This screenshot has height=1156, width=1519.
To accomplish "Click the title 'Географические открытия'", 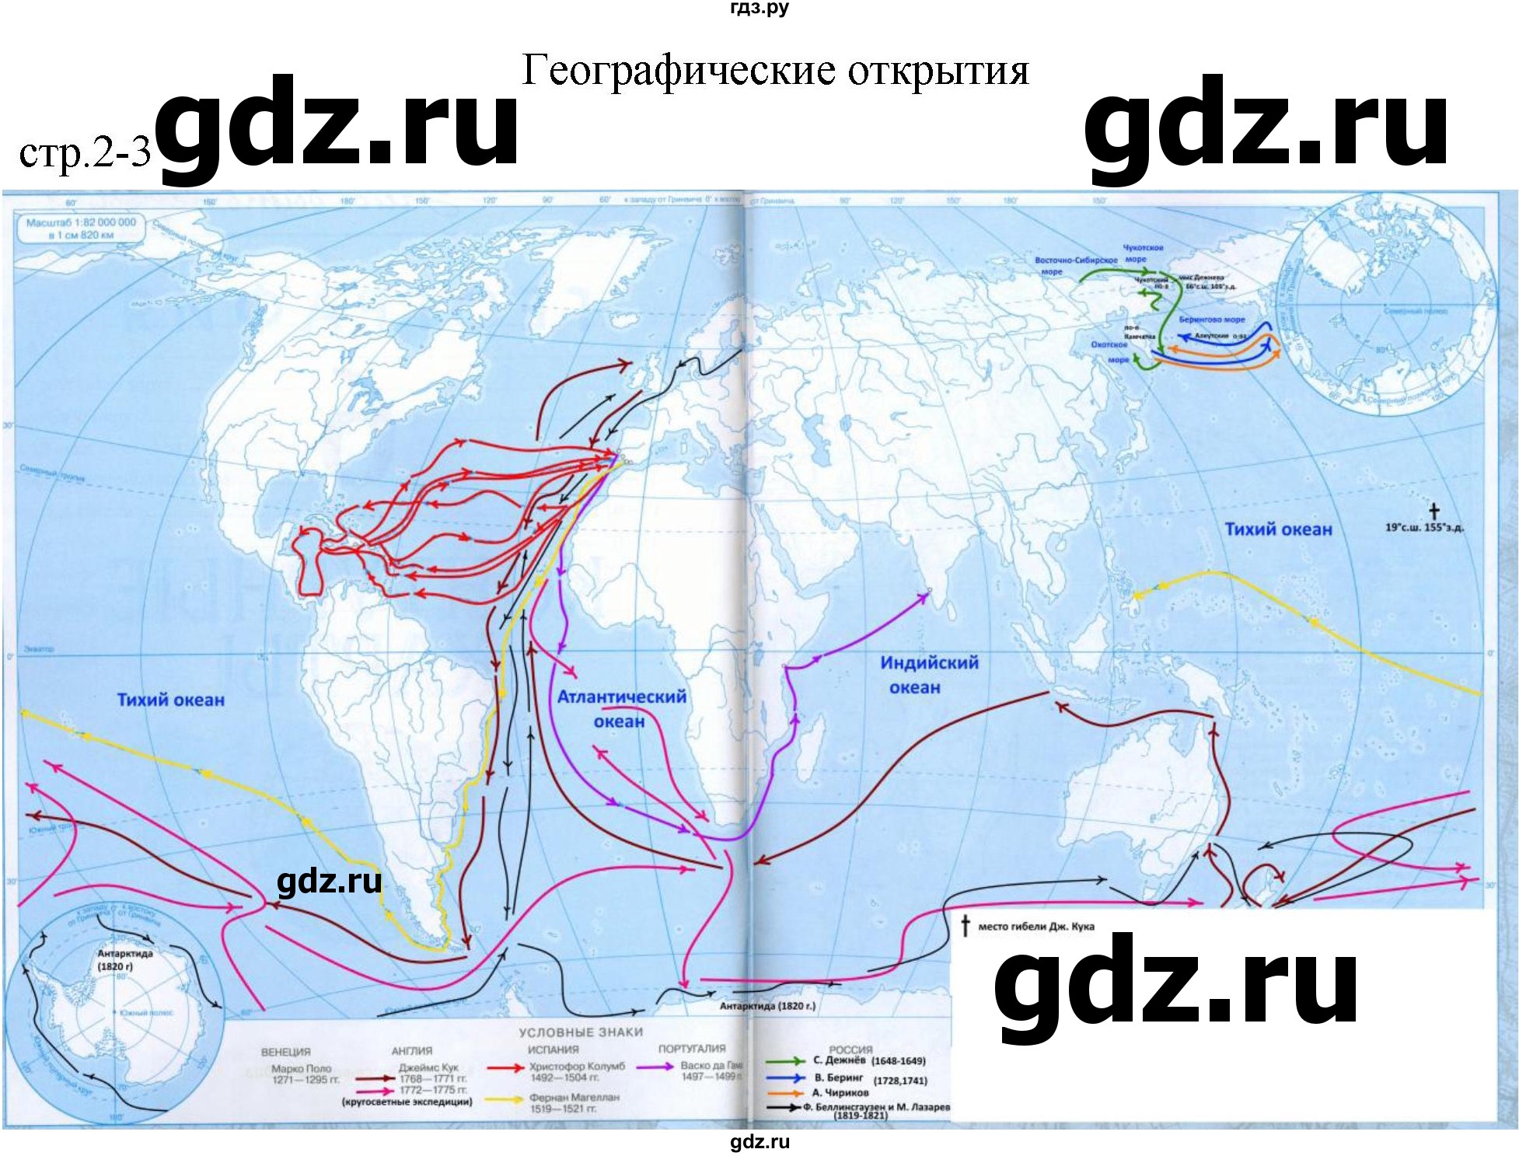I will coord(775,71).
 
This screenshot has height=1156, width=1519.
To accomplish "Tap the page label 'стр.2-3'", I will coord(84,152).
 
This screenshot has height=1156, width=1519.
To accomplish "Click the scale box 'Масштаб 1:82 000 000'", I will coord(81,228).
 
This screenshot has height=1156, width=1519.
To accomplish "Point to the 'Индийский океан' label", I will coord(928,674).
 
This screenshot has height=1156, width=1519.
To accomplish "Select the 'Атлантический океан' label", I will coord(621,708).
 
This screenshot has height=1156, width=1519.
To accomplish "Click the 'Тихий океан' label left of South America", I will coord(170,700).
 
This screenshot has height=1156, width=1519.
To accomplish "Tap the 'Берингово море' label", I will coord(1211,320).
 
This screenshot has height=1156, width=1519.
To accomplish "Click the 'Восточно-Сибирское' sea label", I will coord(1076,260).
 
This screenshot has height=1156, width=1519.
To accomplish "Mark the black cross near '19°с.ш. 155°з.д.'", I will coord(1433,511).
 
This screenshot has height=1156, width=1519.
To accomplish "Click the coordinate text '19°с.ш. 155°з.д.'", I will coord(1424,528).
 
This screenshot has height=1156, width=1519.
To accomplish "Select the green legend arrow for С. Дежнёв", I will coord(784,1060).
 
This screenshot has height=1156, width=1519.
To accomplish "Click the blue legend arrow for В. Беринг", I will coord(784,1078).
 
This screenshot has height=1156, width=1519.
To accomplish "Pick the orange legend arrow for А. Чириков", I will coord(784,1092).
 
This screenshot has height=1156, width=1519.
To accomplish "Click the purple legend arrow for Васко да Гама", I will coord(655,1067).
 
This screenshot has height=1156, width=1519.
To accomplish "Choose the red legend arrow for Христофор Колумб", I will coord(505,1068).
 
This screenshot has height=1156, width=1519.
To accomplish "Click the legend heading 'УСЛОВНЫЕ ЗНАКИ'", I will coord(581,1032).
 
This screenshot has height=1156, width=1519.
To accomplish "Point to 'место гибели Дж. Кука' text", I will coord(1035,927).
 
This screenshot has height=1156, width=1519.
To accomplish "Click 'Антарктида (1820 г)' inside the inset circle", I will coord(124,959).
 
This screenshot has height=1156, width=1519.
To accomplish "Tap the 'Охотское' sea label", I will coord(1109,344).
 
